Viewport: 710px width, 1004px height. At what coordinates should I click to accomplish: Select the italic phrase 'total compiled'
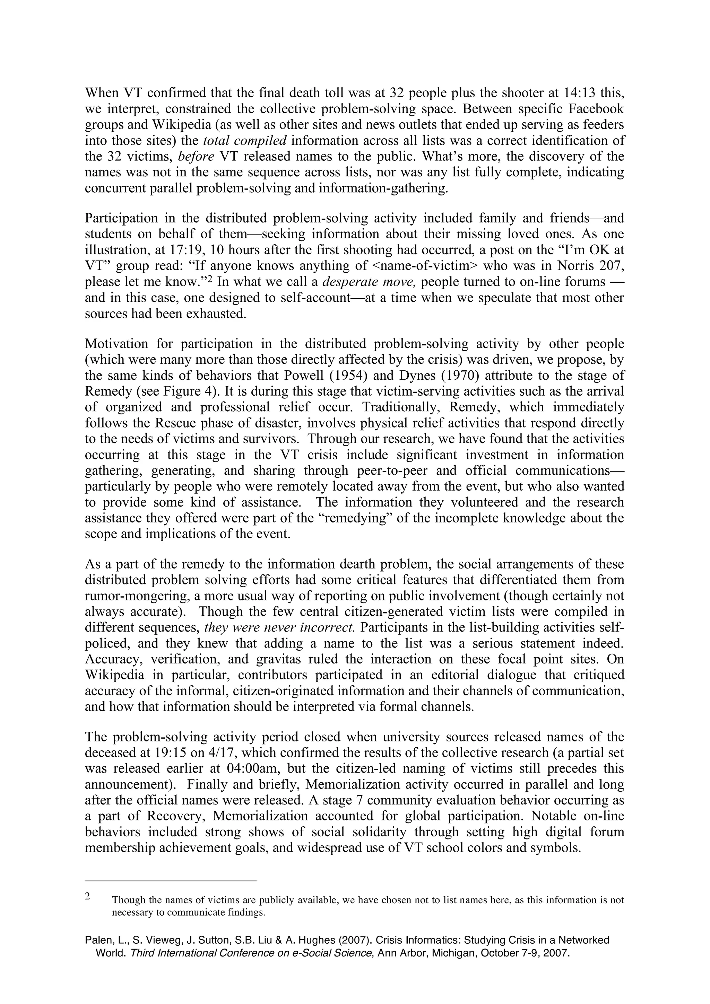coord(245,141)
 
